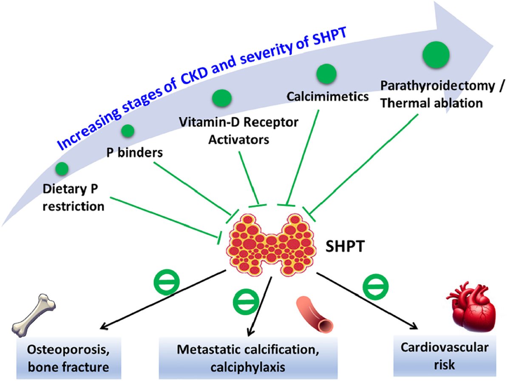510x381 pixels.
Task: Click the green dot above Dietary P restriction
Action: tap(62, 169)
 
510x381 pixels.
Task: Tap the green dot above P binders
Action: tap(128, 131)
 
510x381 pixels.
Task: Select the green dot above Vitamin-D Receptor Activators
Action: tap(222, 98)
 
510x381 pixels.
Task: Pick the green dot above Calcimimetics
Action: tap(326, 74)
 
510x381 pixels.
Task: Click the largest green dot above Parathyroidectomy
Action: tap(436, 54)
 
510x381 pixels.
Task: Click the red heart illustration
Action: tap(471, 307)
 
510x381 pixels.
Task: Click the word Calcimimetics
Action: tap(328, 97)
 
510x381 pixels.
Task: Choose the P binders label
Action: tap(135, 153)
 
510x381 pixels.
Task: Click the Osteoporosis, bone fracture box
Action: tap(69, 358)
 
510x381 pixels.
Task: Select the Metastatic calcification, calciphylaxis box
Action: tap(248, 358)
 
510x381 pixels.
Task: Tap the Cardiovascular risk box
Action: tap(445, 356)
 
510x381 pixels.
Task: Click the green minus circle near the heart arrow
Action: tap(375, 286)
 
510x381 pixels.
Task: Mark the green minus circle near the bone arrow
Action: tap(167, 282)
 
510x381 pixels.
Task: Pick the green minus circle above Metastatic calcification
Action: tap(246, 302)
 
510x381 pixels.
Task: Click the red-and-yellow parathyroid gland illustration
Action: tap(271, 245)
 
